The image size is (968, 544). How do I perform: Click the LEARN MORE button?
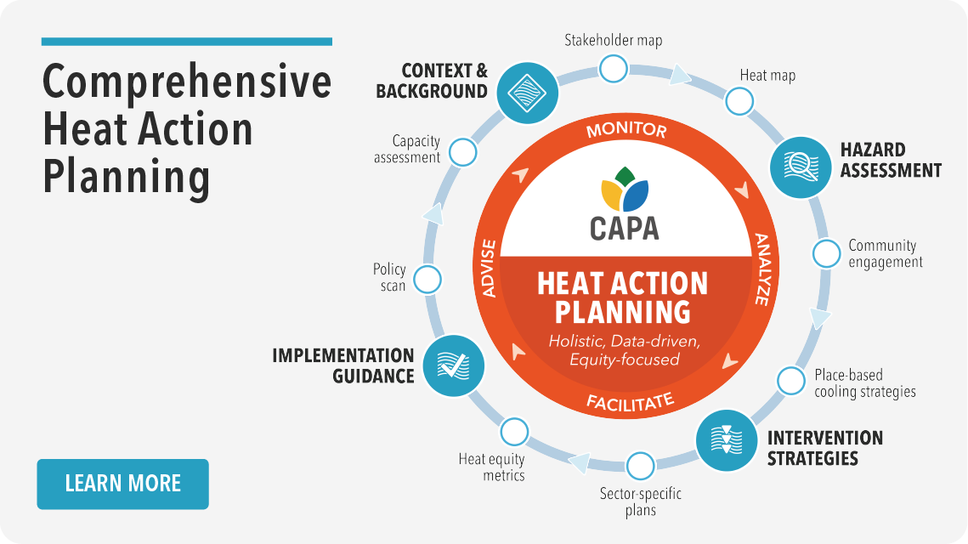(122, 484)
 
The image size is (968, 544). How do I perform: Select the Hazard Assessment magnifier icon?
(800, 167)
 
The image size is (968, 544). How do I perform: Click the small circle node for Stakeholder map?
(613, 68)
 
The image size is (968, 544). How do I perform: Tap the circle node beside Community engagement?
(826, 253)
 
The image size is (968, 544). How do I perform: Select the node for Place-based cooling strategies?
(791, 380)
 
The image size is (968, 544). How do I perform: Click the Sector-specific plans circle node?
(640, 466)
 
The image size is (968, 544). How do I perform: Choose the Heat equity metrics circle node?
(513, 432)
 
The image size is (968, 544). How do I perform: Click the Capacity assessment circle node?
(461, 152)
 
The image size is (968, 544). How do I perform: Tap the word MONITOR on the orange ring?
(626, 130)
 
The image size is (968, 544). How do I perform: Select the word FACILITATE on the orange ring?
(630, 401)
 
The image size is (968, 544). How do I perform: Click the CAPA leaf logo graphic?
(625, 190)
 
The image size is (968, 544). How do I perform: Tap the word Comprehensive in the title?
(187, 82)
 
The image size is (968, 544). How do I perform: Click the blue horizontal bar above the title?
(187, 41)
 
